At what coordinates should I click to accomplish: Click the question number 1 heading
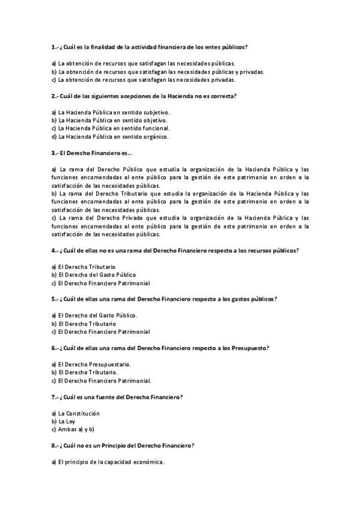coord(150,47)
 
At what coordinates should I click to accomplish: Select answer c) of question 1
coord(144,79)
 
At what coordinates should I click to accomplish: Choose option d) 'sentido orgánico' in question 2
coord(110,137)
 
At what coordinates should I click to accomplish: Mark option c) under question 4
coord(100,283)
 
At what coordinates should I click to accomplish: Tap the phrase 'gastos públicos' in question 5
coord(254,299)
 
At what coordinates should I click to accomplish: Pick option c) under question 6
coord(101,381)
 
